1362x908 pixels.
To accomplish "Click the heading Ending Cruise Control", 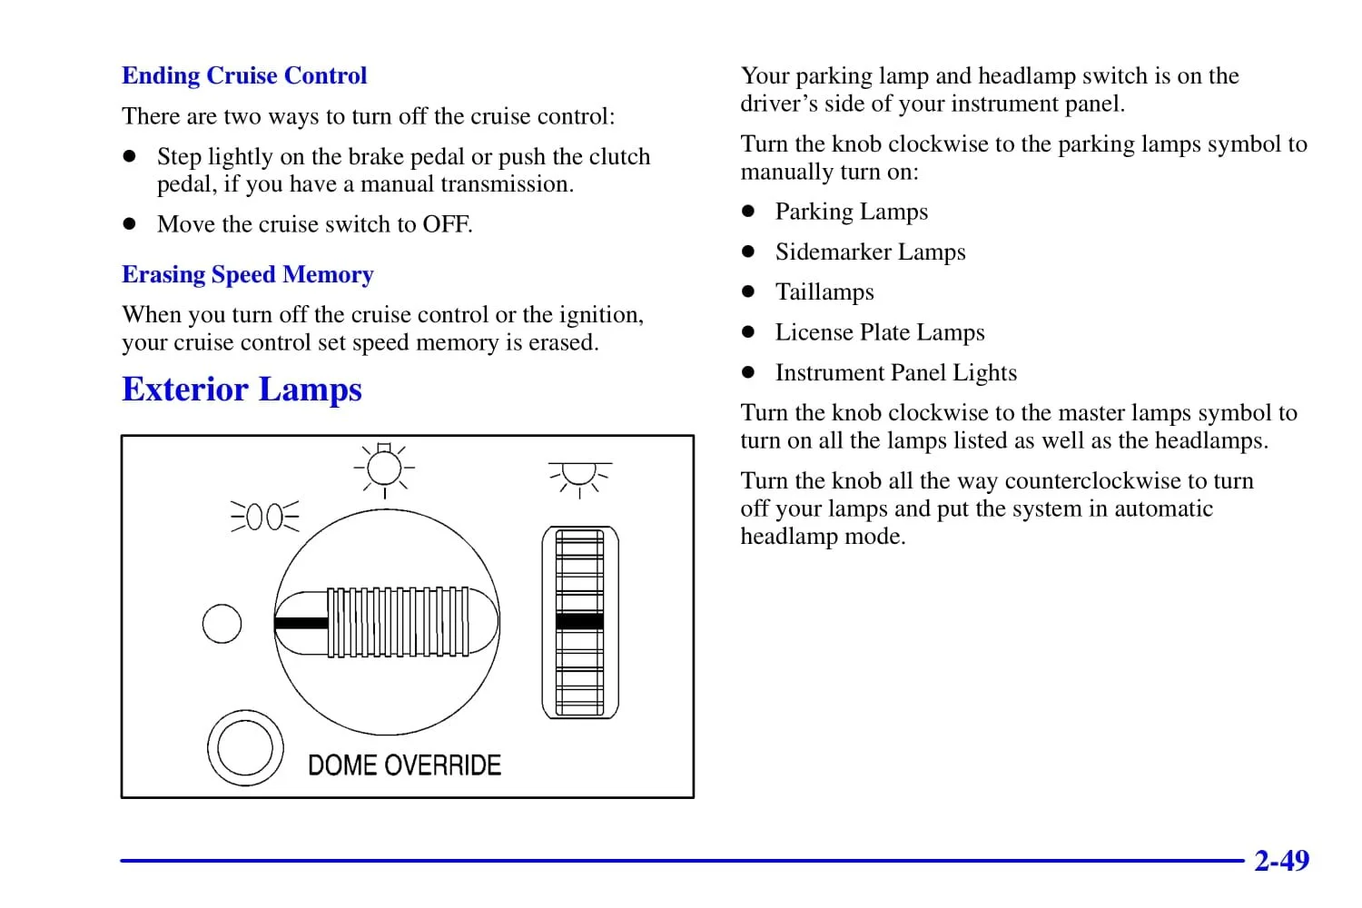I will [244, 75].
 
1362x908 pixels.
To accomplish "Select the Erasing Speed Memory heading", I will [247, 274].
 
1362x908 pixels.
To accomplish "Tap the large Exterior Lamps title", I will [242, 390].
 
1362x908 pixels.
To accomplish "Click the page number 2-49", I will [1281, 860].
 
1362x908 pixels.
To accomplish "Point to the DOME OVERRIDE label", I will [404, 765].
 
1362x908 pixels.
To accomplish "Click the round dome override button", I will [244, 747].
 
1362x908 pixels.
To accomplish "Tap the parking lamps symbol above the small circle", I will [264, 517].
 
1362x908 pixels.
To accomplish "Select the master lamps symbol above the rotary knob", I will [384, 469].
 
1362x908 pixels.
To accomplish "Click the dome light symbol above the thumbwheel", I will [579, 477].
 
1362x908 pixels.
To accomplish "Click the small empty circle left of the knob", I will [222, 624].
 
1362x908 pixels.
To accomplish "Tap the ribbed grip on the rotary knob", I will [398, 622].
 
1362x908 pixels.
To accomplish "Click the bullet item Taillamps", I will [824, 291].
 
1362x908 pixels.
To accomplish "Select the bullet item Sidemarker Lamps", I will [870, 252].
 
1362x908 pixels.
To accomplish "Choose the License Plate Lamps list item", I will [879, 332].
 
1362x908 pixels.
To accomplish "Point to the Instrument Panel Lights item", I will [895, 372].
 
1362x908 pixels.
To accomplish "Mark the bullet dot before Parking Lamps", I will [748, 212].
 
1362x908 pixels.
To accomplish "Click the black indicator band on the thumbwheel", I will [579, 621].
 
